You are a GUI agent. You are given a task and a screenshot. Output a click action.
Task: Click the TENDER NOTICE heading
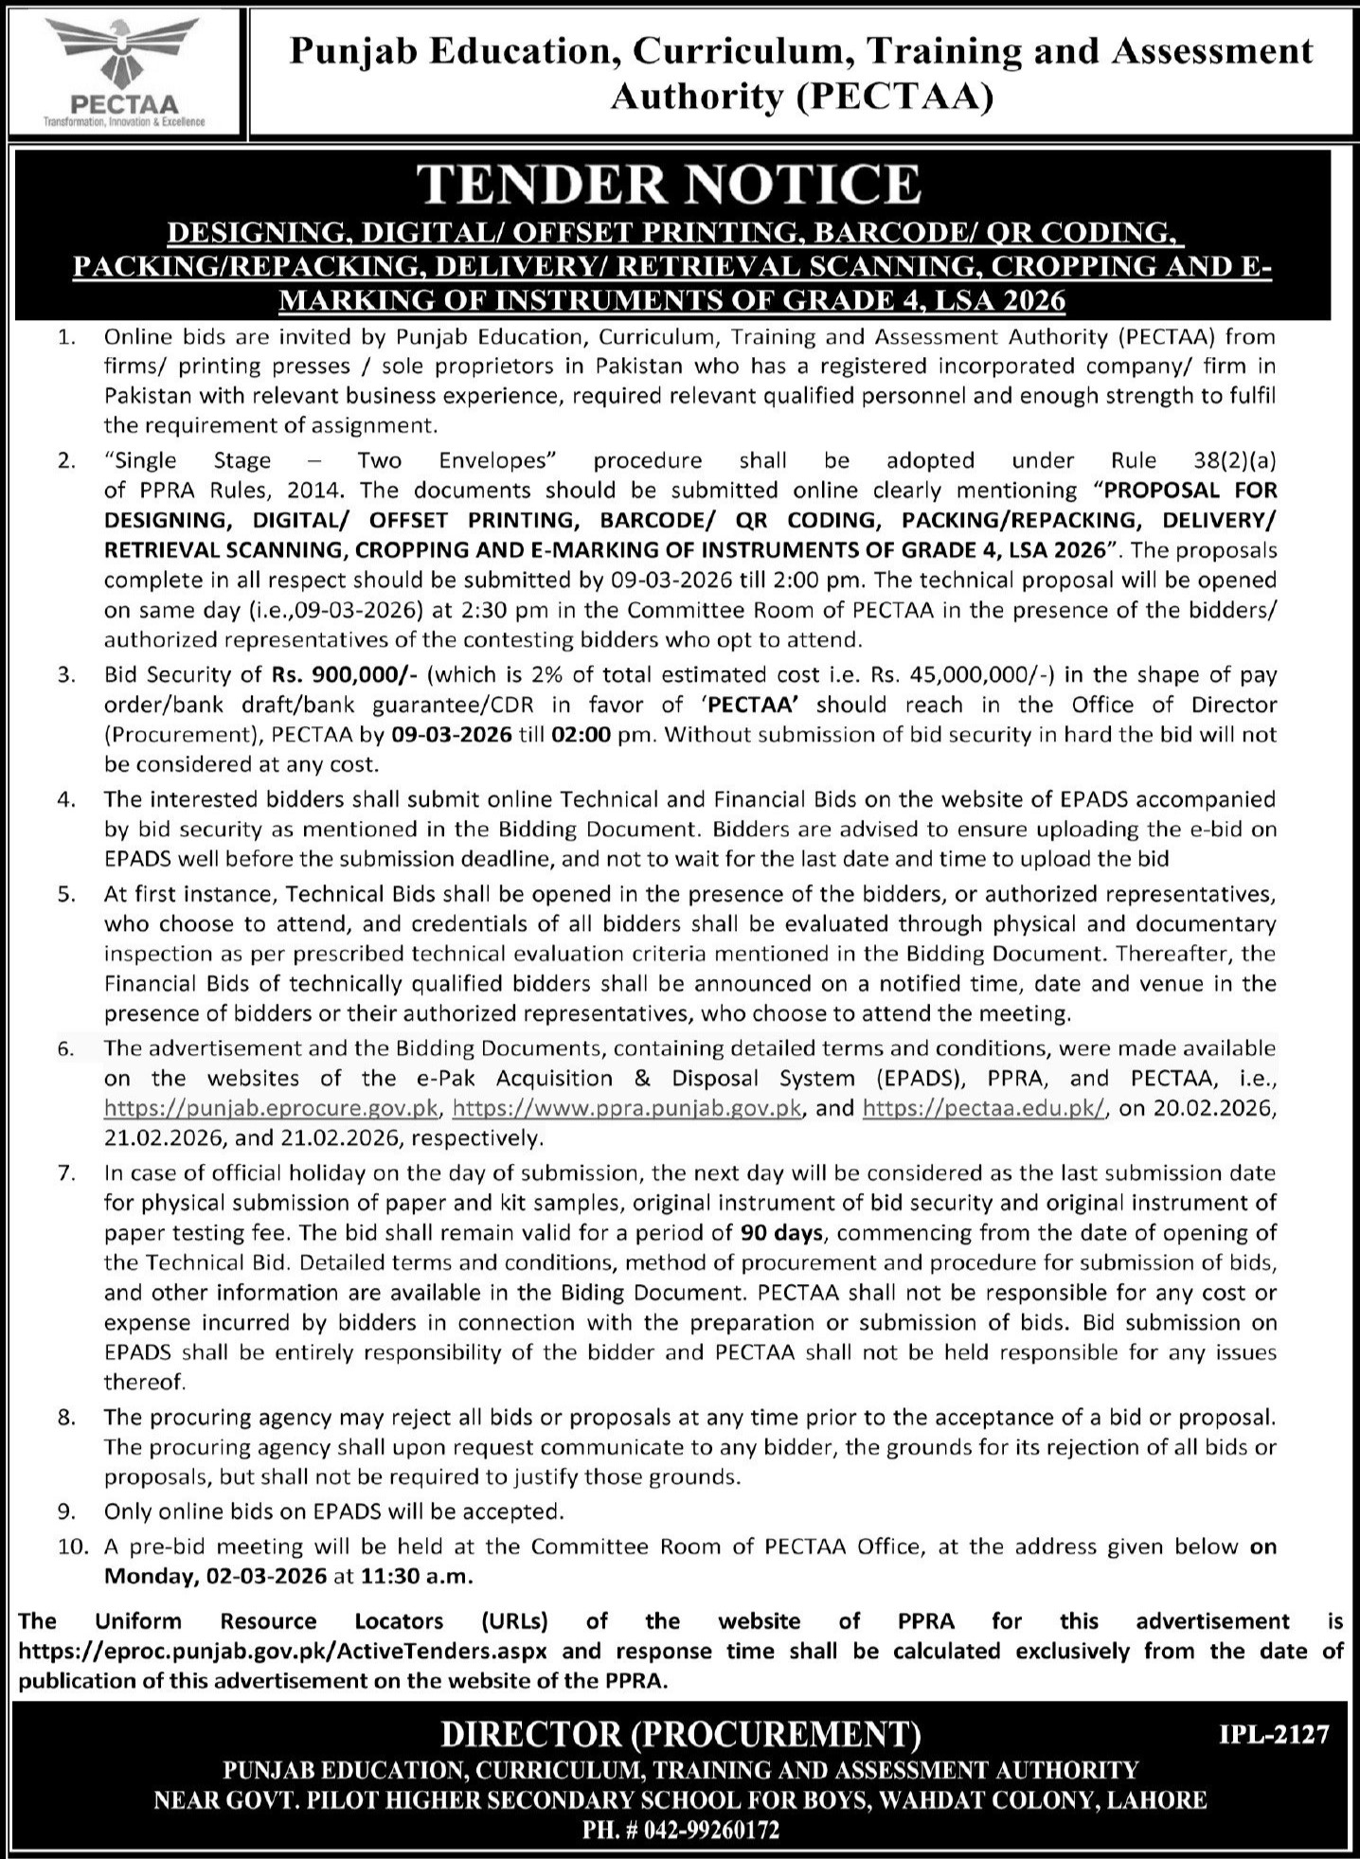[671, 184]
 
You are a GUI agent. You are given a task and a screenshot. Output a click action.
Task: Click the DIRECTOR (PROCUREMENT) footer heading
[680, 1735]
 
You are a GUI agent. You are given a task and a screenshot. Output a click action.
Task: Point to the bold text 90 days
[782, 1233]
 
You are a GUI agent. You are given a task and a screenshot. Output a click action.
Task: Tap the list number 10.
[72, 1547]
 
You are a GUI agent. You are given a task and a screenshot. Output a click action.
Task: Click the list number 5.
[66, 894]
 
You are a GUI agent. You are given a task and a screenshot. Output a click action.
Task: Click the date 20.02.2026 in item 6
[1196, 1109]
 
